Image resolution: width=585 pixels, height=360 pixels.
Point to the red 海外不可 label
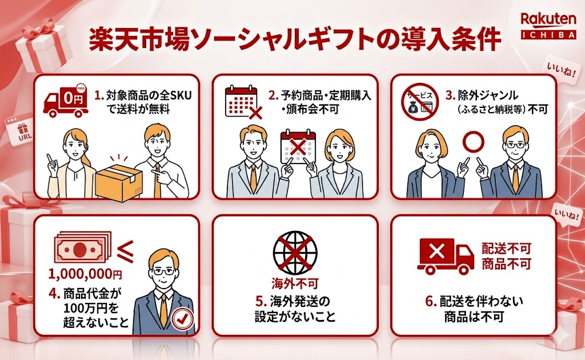coord(294,283)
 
